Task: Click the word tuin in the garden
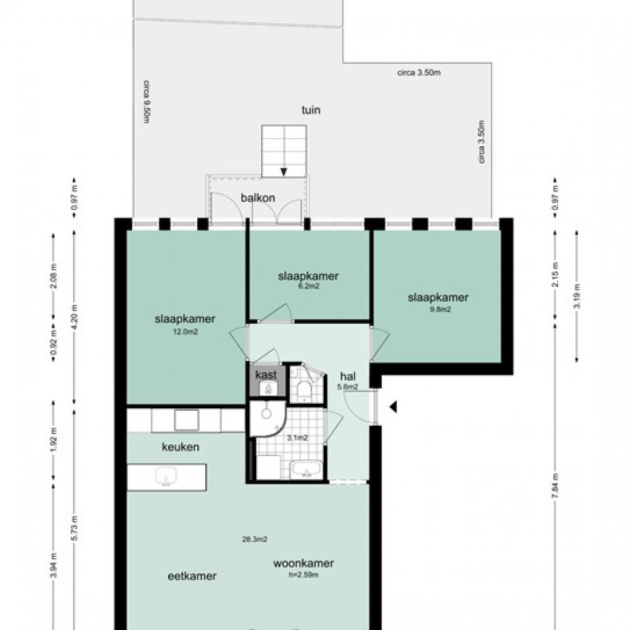click(311, 110)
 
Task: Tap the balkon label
click(258, 198)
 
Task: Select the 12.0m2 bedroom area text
click(185, 332)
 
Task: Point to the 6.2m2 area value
click(308, 287)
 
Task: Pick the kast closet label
click(266, 375)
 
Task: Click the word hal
click(348, 377)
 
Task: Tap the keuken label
click(180, 447)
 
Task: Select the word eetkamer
click(192, 576)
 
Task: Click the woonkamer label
click(304, 563)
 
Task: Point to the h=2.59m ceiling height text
click(304, 575)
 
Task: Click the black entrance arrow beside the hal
click(393, 406)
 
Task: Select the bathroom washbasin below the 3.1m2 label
click(307, 469)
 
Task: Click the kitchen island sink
click(166, 476)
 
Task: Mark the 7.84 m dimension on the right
click(554, 486)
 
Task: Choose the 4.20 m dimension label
click(75, 318)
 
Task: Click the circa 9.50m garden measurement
click(147, 101)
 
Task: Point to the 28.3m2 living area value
click(255, 539)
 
